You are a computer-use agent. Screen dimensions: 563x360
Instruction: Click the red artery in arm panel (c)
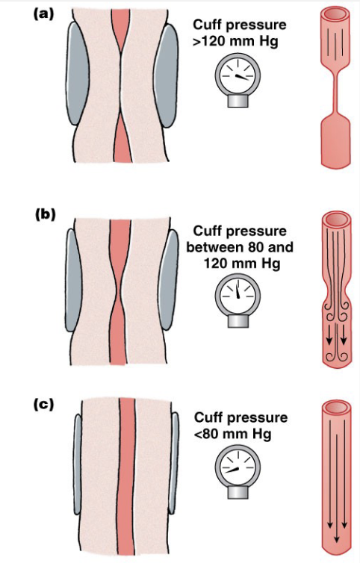pos(125,478)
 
